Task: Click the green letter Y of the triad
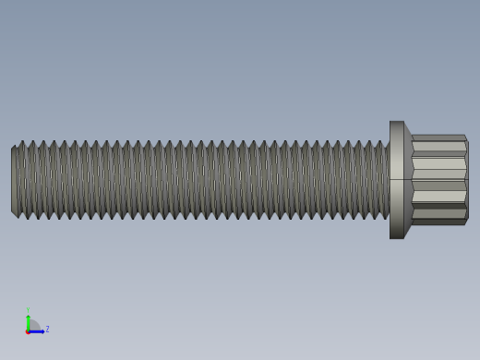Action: tap(28, 310)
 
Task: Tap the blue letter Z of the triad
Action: tap(47, 329)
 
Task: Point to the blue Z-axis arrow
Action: tap(38, 330)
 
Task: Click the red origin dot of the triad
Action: tap(28, 331)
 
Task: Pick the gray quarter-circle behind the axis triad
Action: tap(33, 325)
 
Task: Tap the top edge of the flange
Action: tap(396, 122)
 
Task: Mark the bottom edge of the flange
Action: tap(396, 237)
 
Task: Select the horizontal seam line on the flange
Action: tap(396, 179)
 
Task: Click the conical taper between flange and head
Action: tap(408, 180)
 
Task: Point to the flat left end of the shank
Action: tap(13, 180)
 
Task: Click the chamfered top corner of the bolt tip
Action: tap(14, 146)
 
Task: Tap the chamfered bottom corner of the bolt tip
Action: tap(14, 214)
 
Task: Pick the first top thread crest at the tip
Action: tap(21, 142)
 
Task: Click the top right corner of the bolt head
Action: tap(465, 137)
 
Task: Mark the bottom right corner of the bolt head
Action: tap(466, 222)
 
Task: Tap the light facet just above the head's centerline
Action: tap(439, 168)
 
